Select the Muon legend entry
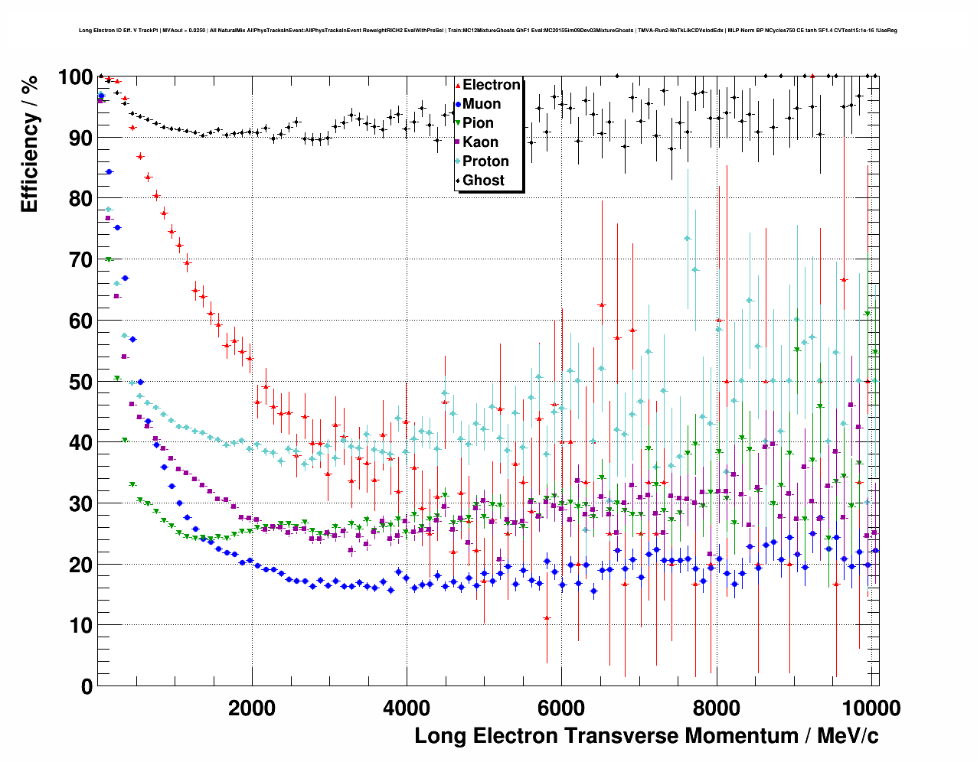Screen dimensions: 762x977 (x=482, y=104)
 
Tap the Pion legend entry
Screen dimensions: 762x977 (x=478, y=123)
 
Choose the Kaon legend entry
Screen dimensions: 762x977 (x=480, y=142)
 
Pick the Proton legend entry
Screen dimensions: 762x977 (x=485, y=161)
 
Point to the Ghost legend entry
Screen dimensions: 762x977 (x=483, y=181)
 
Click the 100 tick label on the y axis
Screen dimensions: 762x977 (x=75, y=77)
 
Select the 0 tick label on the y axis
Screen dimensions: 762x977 (x=87, y=686)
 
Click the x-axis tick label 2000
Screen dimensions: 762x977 (x=252, y=708)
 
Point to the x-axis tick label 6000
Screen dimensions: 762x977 (x=561, y=708)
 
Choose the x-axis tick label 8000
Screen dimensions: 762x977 (x=716, y=708)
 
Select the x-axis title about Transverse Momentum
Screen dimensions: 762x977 (x=646, y=736)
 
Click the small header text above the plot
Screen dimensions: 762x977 (x=488, y=31)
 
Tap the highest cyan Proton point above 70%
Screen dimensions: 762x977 (x=688, y=238)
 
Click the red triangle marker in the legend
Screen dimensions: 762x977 (x=458, y=86)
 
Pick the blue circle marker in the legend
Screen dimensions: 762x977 (x=458, y=105)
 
